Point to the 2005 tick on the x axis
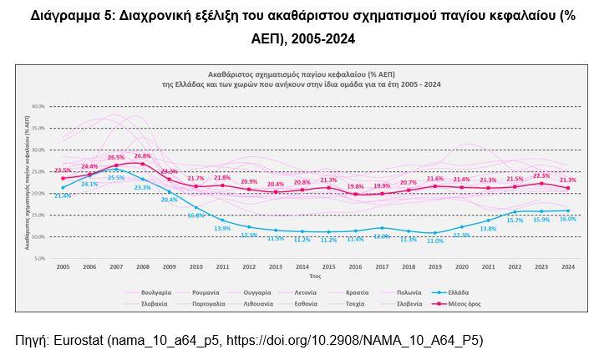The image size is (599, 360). pos(63,266)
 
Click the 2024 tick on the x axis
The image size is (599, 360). pos(567,266)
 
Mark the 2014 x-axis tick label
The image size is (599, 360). pos(302,266)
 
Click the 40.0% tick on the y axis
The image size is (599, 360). pos(38,107)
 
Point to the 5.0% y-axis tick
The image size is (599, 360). pos(39,258)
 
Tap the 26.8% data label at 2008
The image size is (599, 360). pos(142,155)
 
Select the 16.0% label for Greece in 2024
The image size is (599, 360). pos(567,219)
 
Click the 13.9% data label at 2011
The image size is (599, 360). pos(222,229)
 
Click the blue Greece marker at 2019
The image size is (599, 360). pos(435,233)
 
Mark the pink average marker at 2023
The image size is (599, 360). pos(541,184)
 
